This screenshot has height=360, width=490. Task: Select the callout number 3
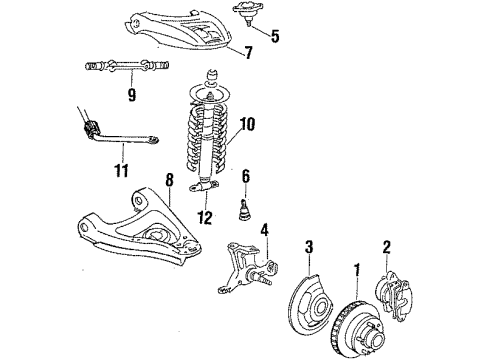pos(310,247)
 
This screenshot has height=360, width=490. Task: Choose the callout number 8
pos(169,180)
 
